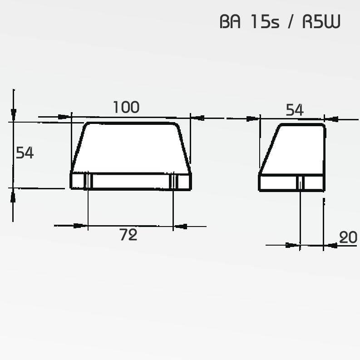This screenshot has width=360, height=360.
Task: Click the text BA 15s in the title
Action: [250, 22]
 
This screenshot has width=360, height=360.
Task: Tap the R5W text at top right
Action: [321, 22]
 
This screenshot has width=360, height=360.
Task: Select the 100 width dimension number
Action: [126, 107]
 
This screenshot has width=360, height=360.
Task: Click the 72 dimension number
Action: [128, 235]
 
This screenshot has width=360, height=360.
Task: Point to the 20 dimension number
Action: [348, 237]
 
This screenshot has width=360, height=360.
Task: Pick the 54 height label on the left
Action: [25, 153]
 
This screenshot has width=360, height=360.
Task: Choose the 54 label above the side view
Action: [295, 110]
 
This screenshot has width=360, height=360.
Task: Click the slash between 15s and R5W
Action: [291, 22]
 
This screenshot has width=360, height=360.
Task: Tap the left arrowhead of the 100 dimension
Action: [64, 117]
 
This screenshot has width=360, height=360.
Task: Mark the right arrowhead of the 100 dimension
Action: [197, 118]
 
